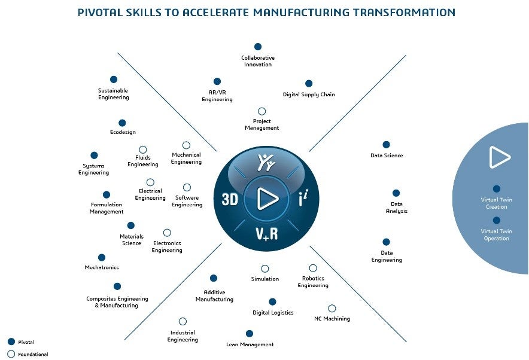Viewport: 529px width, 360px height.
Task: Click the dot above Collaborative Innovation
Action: click(x=258, y=47)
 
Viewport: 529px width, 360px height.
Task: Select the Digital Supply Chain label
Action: click(x=309, y=94)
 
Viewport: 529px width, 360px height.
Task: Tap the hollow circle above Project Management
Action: click(x=262, y=111)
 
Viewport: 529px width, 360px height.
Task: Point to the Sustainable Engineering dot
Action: click(x=114, y=80)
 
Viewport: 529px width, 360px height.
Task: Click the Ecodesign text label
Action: click(x=123, y=132)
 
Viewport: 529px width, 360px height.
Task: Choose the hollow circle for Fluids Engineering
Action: click(x=143, y=150)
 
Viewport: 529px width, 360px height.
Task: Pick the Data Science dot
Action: click(x=386, y=145)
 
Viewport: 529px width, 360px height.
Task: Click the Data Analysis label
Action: click(x=397, y=208)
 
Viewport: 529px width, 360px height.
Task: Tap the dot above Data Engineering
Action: click(x=386, y=242)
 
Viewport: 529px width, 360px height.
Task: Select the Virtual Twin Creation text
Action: click(x=496, y=203)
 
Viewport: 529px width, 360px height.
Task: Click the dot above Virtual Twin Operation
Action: click(x=497, y=220)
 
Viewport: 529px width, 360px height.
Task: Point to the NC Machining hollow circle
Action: click(x=332, y=309)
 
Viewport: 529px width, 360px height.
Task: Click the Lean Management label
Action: click(x=250, y=344)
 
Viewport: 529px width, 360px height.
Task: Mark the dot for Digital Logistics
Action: click(x=273, y=302)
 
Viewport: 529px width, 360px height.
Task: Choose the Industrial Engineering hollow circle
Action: click(x=183, y=322)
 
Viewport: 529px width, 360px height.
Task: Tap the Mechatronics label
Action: click(x=102, y=267)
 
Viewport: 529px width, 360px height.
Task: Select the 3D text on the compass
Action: click(x=230, y=200)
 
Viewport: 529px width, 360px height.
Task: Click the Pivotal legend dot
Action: click(x=11, y=341)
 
